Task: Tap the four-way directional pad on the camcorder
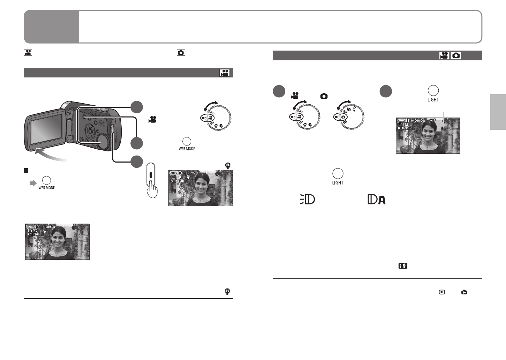[x=90, y=132]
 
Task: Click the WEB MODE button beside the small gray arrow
[x=46, y=180]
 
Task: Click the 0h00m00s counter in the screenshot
[x=418, y=121]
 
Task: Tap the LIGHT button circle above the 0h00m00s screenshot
[x=433, y=90]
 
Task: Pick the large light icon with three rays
[x=307, y=200]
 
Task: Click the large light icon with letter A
[x=377, y=200]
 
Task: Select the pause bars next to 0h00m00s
[x=407, y=121]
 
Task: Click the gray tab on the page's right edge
[x=498, y=112]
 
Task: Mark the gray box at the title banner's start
[x=51, y=27]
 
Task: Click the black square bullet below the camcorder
[x=25, y=171]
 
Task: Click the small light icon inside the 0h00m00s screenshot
[x=443, y=129]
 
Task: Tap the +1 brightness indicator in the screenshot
[x=433, y=121]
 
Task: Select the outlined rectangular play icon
[x=442, y=292]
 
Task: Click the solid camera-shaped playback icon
[x=464, y=292]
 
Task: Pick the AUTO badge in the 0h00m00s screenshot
[x=401, y=121]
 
